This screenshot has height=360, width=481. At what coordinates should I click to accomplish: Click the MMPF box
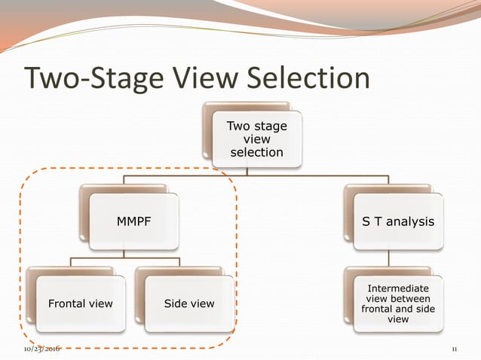point(133,222)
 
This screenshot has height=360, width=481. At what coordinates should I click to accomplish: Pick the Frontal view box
point(81,304)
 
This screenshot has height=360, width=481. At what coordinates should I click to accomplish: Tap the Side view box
point(189,304)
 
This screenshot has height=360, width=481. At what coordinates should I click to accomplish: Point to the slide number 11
point(455,349)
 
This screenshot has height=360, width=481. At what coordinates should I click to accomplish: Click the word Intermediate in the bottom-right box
point(398,288)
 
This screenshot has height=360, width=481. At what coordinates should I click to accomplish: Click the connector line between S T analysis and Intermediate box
point(388,258)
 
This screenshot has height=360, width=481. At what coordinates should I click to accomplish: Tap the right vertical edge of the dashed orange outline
point(237,256)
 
